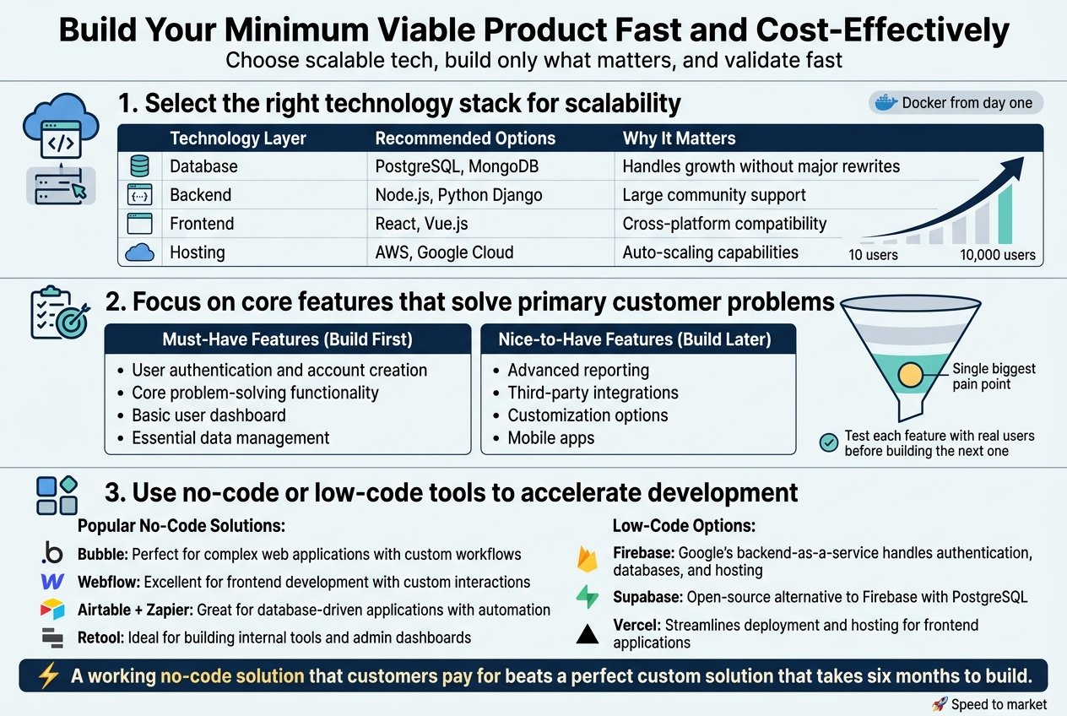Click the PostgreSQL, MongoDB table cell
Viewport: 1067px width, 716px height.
point(457,166)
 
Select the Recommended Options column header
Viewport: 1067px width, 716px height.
point(465,138)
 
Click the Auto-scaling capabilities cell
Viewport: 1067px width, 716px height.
point(710,252)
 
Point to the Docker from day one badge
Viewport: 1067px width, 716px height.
point(956,103)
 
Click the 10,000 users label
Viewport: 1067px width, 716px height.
point(997,255)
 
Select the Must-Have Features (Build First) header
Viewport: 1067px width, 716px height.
point(287,339)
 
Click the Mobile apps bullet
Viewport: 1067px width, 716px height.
point(550,437)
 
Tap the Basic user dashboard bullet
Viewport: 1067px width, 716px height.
point(209,415)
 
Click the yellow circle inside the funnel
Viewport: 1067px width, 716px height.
point(910,376)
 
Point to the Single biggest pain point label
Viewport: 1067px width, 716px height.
point(994,377)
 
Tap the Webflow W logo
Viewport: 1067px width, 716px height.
point(52,583)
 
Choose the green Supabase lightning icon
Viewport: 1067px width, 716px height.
point(587,597)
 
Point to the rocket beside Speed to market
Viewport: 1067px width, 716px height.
point(939,704)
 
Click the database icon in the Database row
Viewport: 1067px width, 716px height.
point(139,166)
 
